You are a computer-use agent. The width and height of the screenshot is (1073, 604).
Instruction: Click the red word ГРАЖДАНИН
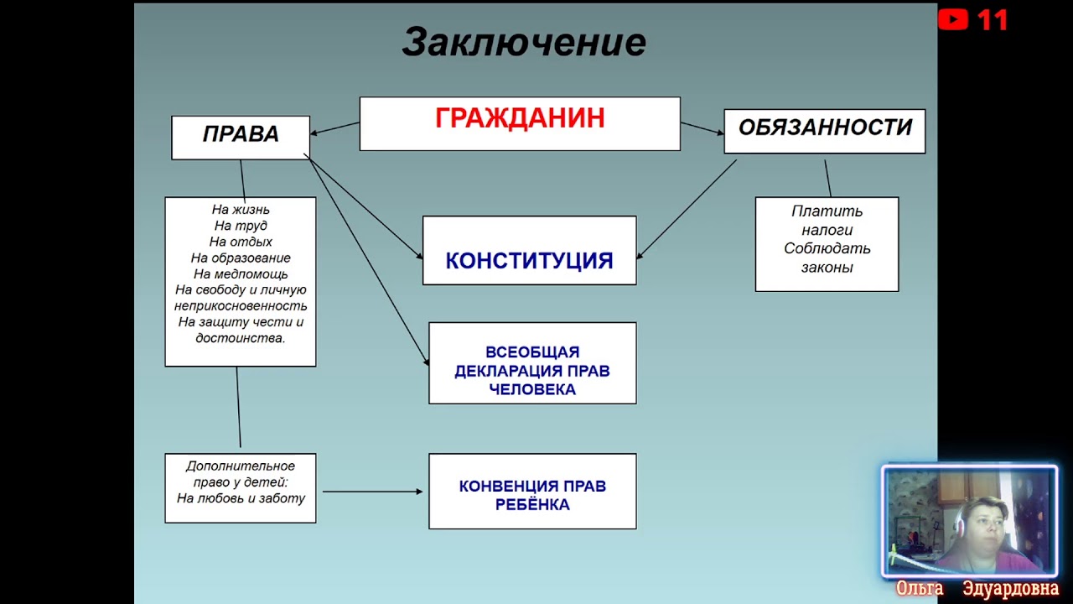pos(520,118)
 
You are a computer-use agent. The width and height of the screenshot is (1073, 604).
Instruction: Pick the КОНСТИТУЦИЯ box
pos(529,260)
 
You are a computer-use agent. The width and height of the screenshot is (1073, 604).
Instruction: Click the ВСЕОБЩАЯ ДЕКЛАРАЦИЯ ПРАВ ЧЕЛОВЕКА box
pos(532,371)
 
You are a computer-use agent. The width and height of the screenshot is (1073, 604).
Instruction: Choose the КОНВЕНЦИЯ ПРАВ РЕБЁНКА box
pos(532,495)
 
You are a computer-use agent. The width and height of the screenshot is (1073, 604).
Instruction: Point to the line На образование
pos(241,258)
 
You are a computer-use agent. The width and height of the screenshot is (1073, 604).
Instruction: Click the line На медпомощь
pos(241,274)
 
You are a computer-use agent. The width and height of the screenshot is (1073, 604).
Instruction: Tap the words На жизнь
pos(241,210)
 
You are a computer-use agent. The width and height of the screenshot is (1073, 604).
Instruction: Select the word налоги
pos(827,230)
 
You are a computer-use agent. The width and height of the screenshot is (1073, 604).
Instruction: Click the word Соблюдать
pos(827,249)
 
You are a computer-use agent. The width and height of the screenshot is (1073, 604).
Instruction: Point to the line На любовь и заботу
pos(241,498)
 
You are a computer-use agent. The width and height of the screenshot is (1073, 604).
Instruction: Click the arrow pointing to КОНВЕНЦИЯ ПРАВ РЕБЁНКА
pos(372,492)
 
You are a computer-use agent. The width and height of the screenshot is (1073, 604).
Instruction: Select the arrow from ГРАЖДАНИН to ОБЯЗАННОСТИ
pos(702,128)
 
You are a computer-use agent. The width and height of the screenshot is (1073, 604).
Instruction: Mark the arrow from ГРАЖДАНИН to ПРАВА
pos(334,128)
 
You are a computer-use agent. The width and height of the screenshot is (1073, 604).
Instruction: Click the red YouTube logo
pos(953,19)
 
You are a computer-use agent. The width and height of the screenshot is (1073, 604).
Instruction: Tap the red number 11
pos(993,20)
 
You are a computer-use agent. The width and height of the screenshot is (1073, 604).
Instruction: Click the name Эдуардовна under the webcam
pos(1010,589)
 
